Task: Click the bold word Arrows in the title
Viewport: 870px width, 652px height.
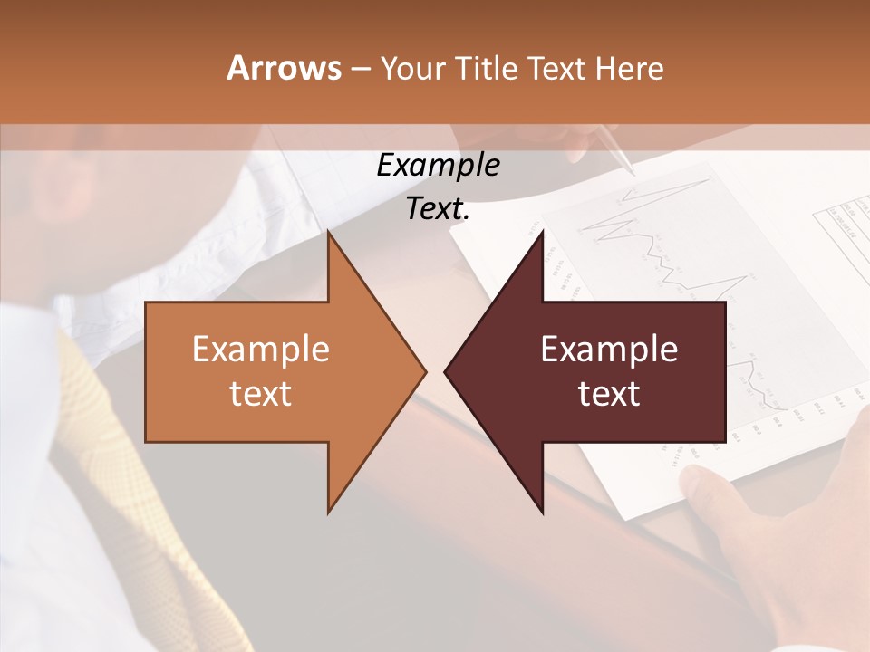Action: [x=284, y=68]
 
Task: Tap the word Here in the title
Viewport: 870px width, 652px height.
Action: [x=629, y=68]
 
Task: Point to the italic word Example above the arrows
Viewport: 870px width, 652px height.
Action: [x=438, y=165]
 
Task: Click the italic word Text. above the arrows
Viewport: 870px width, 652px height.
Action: [x=438, y=208]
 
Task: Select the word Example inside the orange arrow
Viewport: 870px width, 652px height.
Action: [x=261, y=350]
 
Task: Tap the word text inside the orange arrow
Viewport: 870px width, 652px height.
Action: [x=261, y=394]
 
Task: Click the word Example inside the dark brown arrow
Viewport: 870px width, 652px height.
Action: [x=609, y=350]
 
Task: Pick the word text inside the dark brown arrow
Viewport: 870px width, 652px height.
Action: [x=609, y=394]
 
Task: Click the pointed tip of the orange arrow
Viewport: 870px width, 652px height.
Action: [x=424, y=371]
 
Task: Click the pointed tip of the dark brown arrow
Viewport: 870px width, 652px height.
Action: [x=446, y=371]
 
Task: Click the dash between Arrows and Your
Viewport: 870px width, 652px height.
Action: [x=359, y=69]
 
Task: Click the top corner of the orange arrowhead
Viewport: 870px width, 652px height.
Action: [x=329, y=232]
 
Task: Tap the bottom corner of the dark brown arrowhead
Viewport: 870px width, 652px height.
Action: [x=543, y=513]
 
